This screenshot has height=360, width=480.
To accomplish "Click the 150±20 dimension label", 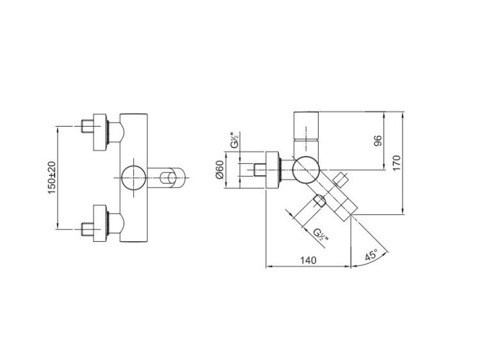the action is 52,177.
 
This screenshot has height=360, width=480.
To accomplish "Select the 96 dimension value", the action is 378,141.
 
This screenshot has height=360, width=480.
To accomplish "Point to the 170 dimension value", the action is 396,163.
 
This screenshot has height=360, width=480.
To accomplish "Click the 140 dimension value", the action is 308,260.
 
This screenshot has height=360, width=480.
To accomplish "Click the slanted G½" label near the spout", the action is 321,235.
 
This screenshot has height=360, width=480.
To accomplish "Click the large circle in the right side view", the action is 306,169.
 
